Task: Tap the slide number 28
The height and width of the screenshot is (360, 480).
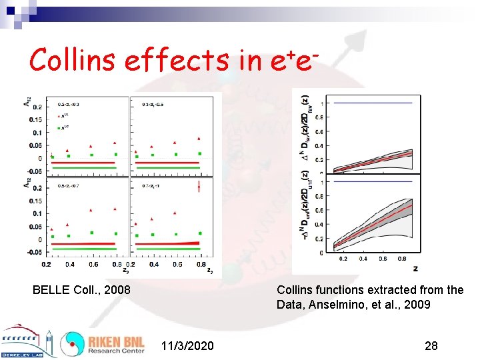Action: tap(431, 345)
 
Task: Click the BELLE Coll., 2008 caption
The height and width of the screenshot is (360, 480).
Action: tap(81, 290)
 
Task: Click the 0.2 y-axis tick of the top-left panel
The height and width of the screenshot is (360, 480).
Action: tap(37, 107)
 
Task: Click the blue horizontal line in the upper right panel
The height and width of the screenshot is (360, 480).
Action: tap(377, 103)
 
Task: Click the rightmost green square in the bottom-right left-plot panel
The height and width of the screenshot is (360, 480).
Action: tap(199, 233)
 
